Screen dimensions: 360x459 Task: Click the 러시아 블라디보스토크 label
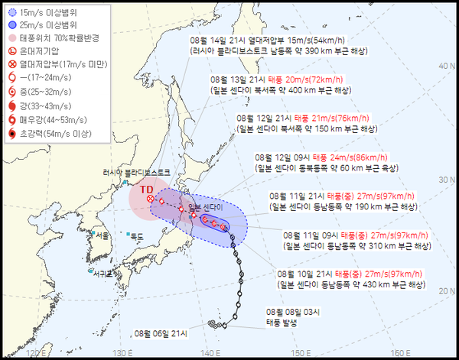(134, 173)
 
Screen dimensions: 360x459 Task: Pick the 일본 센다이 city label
(205, 207)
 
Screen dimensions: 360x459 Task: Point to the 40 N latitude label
(445, 67)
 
